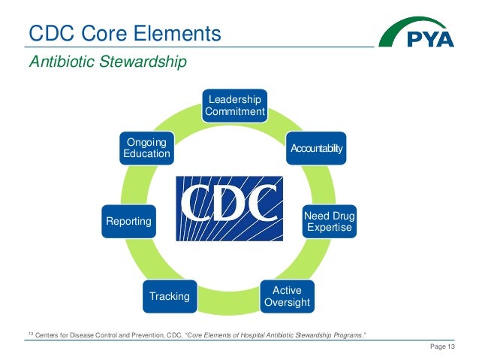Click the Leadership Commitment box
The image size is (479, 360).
235,106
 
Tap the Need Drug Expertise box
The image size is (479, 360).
328,222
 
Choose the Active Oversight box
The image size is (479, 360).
286,296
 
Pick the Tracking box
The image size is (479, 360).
170,296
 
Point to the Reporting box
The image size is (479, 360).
128,222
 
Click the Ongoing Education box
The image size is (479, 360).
146,148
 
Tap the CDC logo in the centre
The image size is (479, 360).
229,208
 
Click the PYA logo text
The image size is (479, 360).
429,38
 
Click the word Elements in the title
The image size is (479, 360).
179,34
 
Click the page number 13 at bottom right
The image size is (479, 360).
452,346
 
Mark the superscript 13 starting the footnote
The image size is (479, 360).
30,331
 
